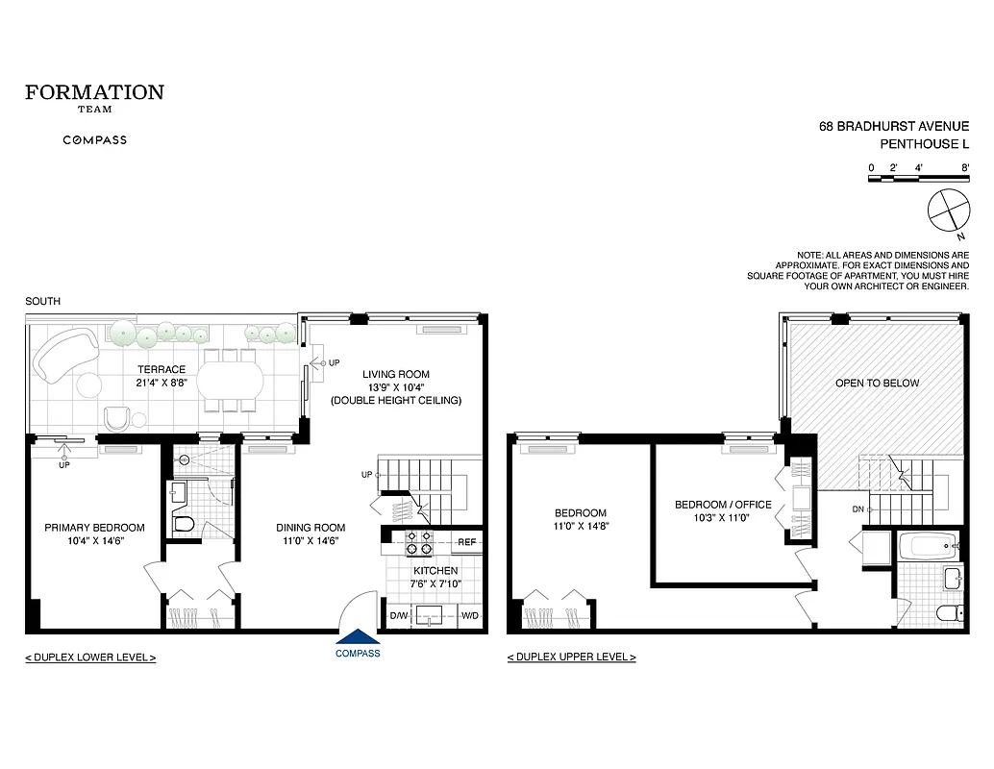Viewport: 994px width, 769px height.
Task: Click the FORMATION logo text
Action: coord(94,93)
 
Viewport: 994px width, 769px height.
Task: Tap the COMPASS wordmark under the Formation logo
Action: coord(94,140)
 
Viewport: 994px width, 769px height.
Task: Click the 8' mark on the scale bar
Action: coord(964,168)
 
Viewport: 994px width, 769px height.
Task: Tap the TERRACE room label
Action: coord(162,369)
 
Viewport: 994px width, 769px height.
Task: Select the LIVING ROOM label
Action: coord(395,374)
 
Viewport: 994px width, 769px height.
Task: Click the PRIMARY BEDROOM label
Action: coord(95,528)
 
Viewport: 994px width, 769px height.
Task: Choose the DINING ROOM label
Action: coord(311,528)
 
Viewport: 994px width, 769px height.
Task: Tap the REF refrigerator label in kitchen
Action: coord(467,542)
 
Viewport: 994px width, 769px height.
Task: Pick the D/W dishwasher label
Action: coord(399,615)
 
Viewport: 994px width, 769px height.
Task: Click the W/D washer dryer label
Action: coord(470,615)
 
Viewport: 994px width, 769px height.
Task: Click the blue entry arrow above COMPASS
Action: coord(358,637)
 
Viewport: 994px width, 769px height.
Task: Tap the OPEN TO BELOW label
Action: coord(877,383)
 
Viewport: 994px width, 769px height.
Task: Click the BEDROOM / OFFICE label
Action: coord(723,505)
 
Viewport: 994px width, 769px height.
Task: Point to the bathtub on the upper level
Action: coord(926,548)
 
